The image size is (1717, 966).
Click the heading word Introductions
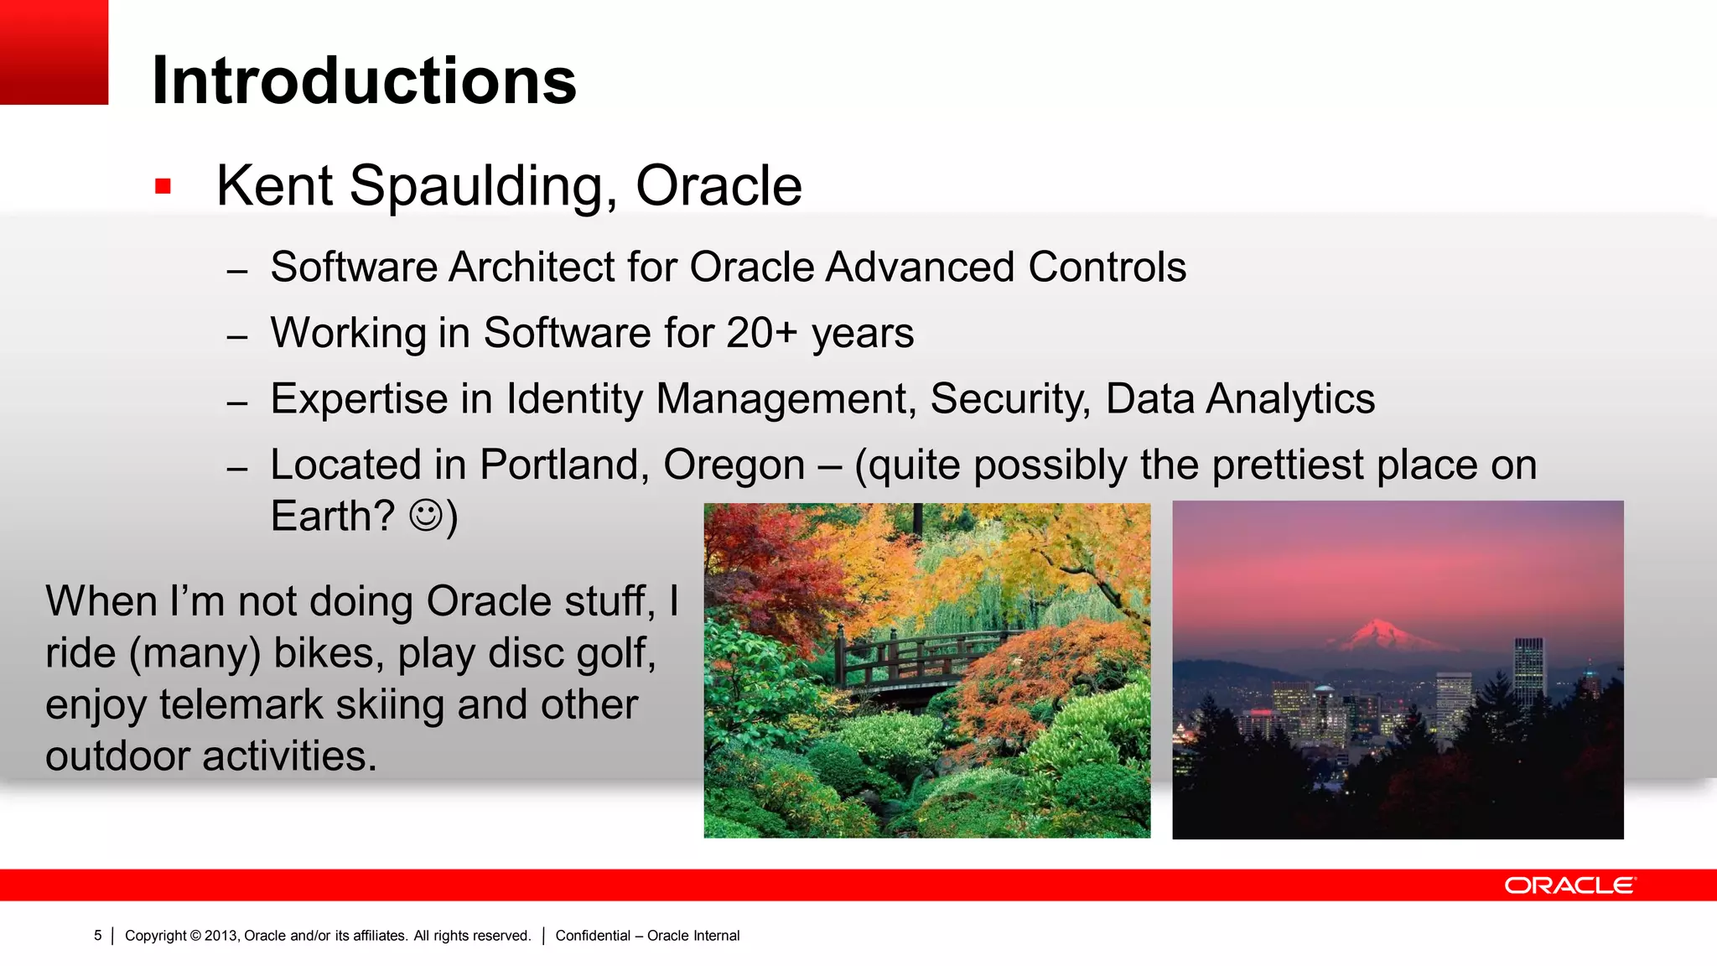363,81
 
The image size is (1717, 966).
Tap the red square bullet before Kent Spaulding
163,186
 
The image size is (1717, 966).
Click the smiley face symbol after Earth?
426,516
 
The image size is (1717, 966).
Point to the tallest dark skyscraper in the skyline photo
1528,671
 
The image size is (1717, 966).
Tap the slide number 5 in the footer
98,936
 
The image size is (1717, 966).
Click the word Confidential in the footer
592,936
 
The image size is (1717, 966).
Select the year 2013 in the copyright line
221,936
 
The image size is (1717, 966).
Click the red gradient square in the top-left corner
54,52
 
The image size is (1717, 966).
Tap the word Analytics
1290,399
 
